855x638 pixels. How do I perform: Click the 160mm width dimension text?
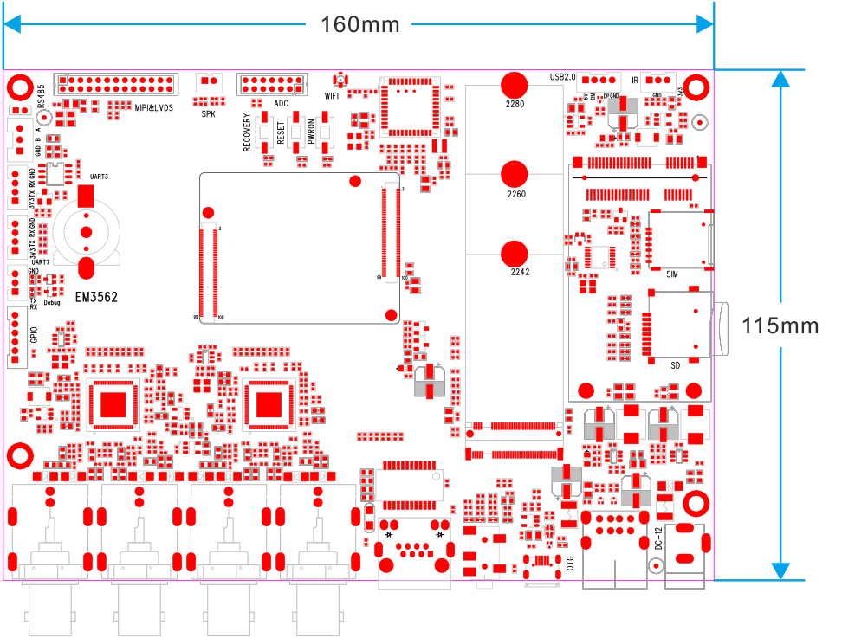click(x=360, y=24)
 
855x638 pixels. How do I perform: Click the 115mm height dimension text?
click(x=780, y=325)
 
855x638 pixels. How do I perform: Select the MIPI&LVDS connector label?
click(x=154, y=107)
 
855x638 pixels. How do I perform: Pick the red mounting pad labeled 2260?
click(x=515, y=173)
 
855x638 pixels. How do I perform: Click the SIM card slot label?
click(x=672, y=274)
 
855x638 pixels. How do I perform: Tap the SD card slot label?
click(x=676, y=365)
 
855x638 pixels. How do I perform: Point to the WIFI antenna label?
click(x=332, y=96)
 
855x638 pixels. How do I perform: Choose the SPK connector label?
click(x=209, y=113)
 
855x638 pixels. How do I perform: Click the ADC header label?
click(x=281, y=103)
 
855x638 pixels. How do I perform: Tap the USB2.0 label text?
click(x=562, y=77)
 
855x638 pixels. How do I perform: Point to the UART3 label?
click(x=99, y=177)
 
